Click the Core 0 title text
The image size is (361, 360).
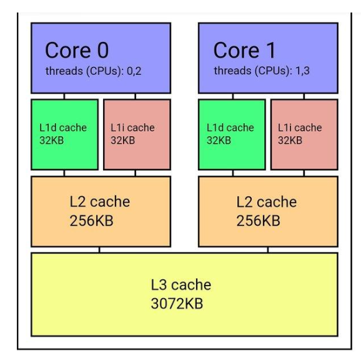click(x=77, y=50)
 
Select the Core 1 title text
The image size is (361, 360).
click(x=244, y=50)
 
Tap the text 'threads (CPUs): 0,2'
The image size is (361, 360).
click(x=93, y=71)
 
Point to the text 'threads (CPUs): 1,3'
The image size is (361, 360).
click(x=262, y=71)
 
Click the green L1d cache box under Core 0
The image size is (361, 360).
click(x=65, y=134)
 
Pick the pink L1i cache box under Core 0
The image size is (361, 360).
click(x=137, y=134)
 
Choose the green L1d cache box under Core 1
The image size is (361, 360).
click(x=232, y=134)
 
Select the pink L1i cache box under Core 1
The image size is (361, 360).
click(x=304, y=134)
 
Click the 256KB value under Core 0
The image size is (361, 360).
click(x=91, y=221)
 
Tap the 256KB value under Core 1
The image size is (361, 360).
click(x=259, y=221)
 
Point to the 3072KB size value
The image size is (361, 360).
click(x=177, y=303)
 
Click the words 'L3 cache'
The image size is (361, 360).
click(x=181, y=284)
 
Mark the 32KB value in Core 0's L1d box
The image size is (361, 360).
click(x=52, y=140)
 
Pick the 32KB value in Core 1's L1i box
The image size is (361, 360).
click(x=290, y=140)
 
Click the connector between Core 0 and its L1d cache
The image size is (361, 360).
click(x=64, y=96)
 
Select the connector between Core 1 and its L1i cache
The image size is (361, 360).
click(x=304, y=96)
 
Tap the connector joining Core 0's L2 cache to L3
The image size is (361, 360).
click(x=99, y=249)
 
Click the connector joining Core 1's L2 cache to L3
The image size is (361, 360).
click(x=268, y=249)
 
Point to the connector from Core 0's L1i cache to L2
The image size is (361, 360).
click(x=135, y=173)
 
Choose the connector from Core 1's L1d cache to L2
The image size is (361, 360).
click(x=233, y=173)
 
